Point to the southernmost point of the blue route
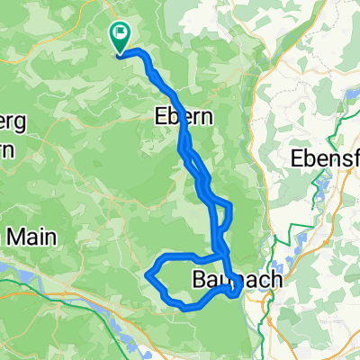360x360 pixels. click(186, 308)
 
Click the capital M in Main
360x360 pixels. click(20, 238)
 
